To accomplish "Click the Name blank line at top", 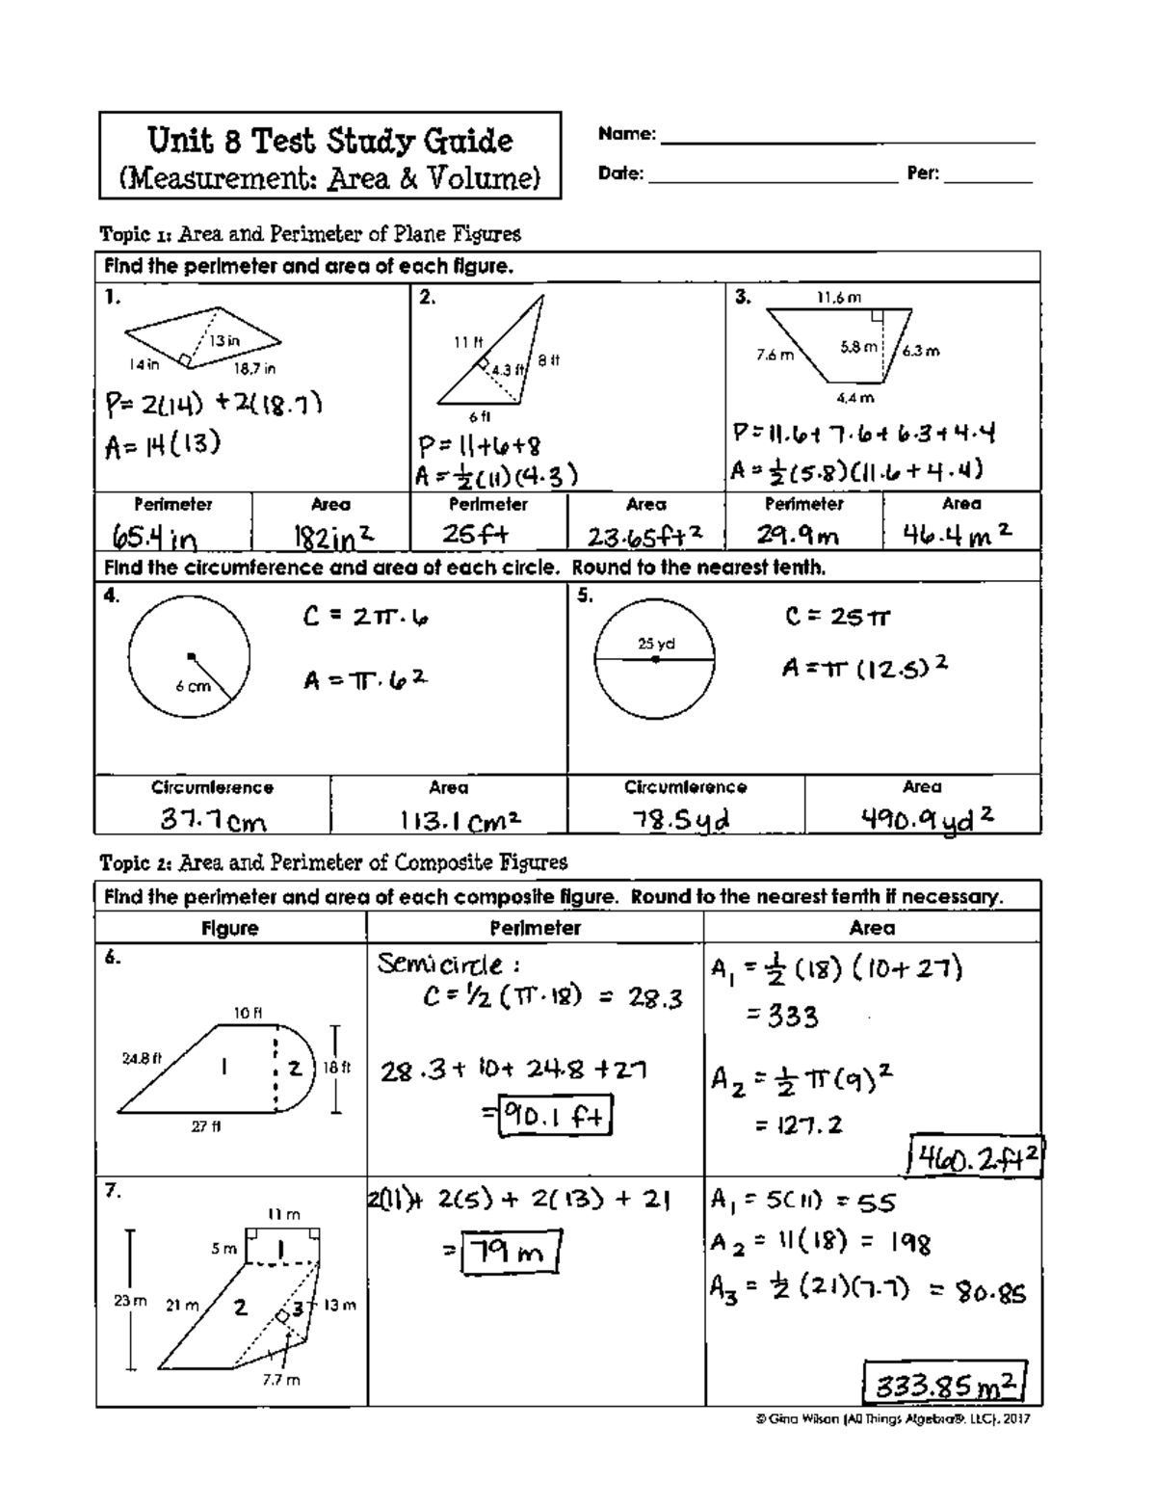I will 848,142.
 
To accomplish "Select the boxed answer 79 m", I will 511,1253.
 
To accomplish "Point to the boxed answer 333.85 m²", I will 945,1387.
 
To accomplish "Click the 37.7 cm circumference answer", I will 213,820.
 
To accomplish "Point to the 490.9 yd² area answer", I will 926,818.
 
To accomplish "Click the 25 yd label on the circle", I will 654,644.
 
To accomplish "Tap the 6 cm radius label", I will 193,687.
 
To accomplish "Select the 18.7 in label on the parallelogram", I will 254,368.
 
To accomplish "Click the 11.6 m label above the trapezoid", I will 839,299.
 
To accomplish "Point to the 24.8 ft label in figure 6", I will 141,1058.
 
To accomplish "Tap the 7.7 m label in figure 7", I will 281,1380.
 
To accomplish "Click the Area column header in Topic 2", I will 872,928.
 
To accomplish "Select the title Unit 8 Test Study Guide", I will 329,142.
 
